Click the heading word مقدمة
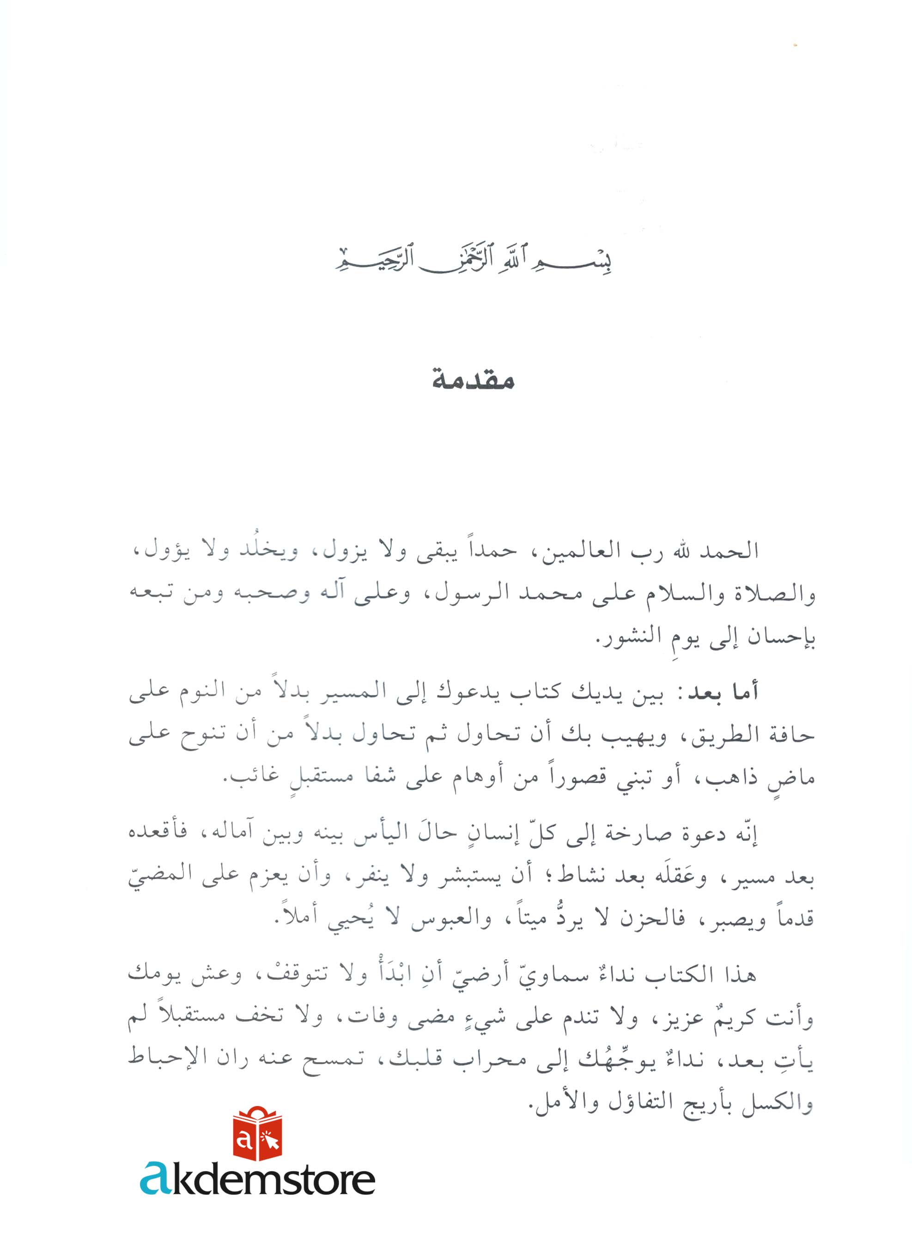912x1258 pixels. tap(473, 381)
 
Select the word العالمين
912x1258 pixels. tap(567, 551)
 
